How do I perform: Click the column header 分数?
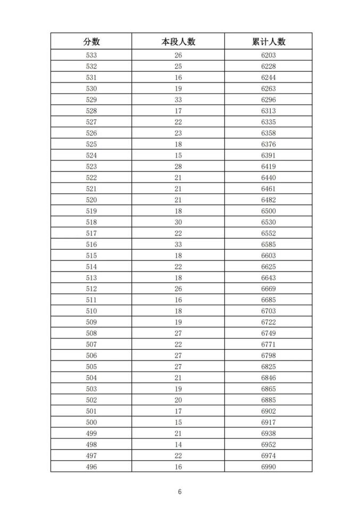[x=91, y=42]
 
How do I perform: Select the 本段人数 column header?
[x=178, y=42]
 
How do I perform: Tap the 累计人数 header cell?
[x=269, y=42]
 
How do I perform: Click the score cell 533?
[x=91, y=55]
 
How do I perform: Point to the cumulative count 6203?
[x=269, y=55]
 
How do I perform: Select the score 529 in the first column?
[x=91, y=100]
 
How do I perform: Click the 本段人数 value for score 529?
[x=178, y=100]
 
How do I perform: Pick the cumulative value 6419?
[x=269, y=167]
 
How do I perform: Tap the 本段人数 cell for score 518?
[x=178, y=222]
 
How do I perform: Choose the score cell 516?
[x=91, y=244]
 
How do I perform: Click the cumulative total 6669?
[x=269, y=289]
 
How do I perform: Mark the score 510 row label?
[x=91, y=311]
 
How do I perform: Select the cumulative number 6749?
[x=269, y=333]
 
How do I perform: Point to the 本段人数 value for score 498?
[x=178, y=445]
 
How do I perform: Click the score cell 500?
[x=91, y=422]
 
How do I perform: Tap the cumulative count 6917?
[x=269, y=422]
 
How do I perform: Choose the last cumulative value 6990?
[x=269, y=467]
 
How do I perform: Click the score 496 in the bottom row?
[x=91, y=467]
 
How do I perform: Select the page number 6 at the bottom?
[x=180, y=492]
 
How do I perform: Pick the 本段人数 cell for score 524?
[x=178, y=155]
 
